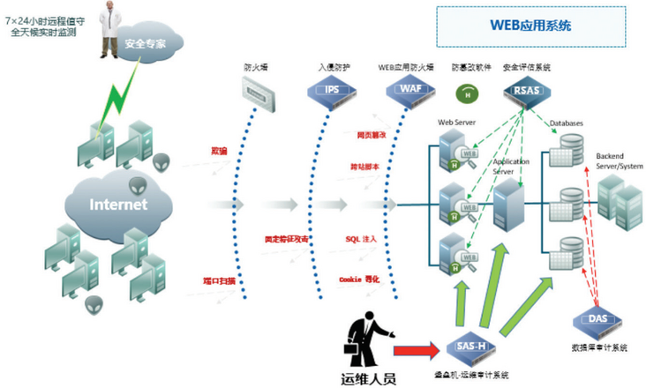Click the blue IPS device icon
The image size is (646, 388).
click(331, 89)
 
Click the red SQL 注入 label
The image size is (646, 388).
click(361, 239)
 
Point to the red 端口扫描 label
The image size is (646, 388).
click(219, 280)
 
